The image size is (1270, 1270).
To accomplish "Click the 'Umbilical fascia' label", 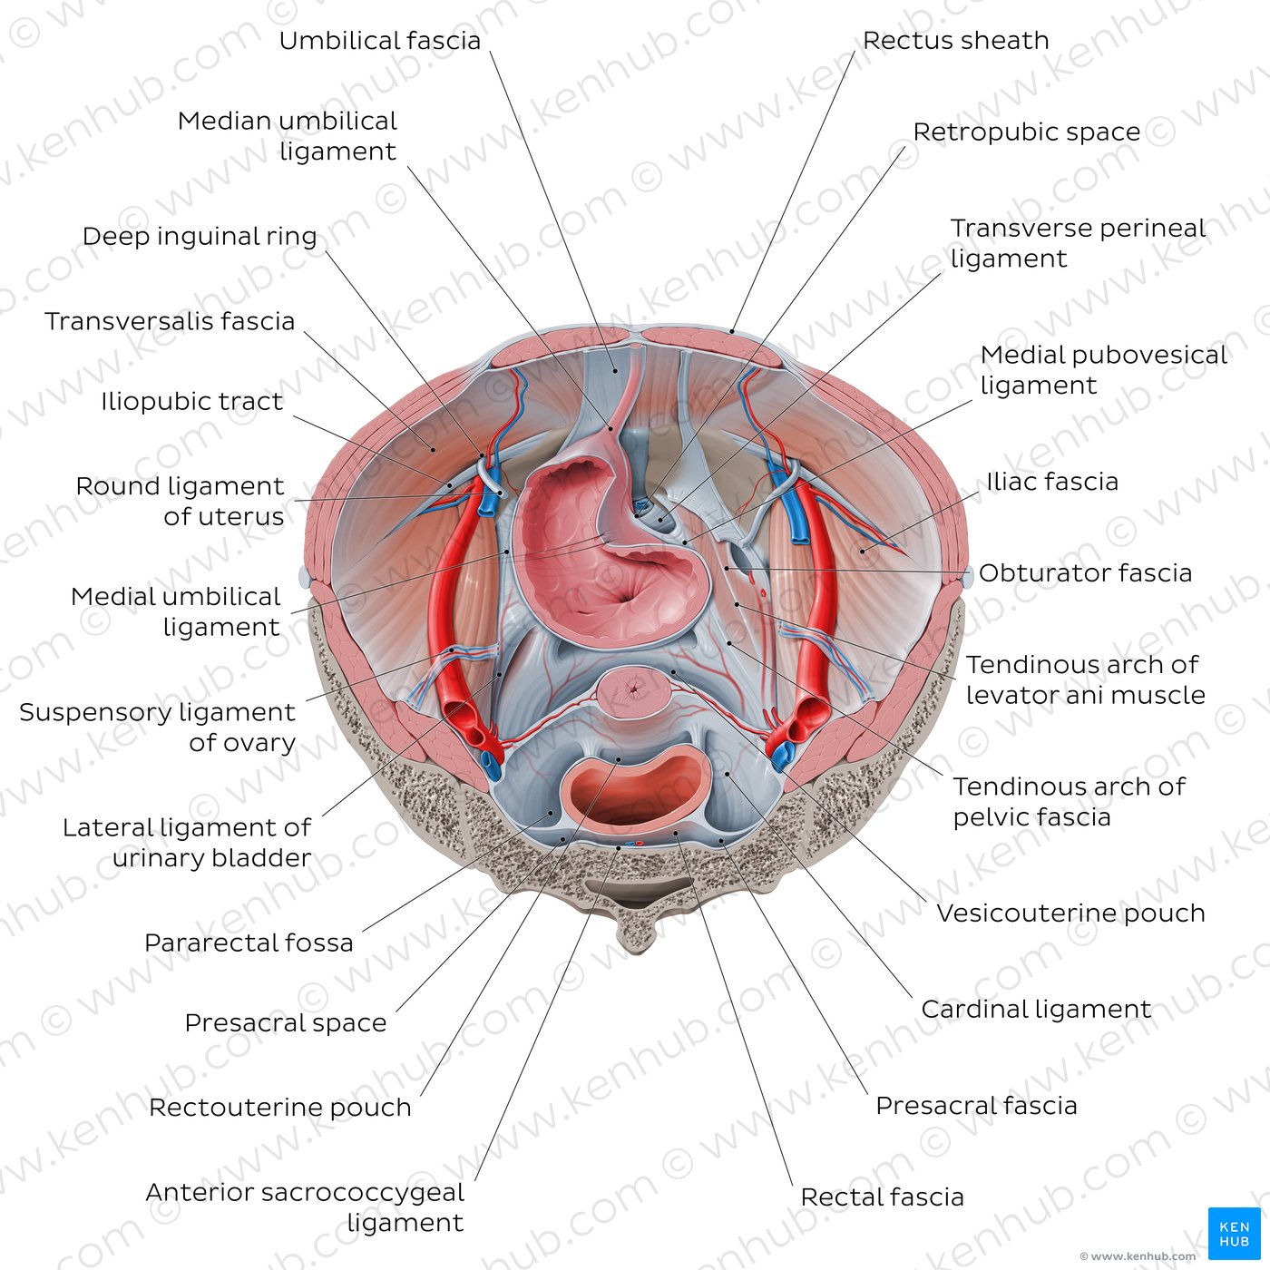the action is (379, 41).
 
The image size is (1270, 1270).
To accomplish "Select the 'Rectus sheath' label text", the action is (955, 41).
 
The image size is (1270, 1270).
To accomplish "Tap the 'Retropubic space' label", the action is (1026, 132).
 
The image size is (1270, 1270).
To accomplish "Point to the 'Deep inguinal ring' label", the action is (199, 237).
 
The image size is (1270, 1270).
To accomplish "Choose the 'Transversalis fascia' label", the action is (170, 322).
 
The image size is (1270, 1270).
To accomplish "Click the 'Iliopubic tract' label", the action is (191, 401).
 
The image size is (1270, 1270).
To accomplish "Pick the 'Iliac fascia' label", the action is (1052, 482).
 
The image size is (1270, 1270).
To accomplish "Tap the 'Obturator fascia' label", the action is (1086, 572).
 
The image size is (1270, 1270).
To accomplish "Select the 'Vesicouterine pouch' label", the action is (1071, 913).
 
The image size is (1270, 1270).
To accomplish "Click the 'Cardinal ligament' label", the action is (1036, 1009).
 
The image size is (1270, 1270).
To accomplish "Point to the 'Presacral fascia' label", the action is (976, 1105).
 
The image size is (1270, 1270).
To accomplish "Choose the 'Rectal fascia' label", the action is (882, 1197).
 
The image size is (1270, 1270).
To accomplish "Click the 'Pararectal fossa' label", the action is (249, 943).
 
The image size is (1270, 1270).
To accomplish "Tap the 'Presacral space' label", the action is (286, 1023).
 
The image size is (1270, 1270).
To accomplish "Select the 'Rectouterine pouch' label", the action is (280, 1108).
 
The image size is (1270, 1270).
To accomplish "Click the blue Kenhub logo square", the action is (1235, 1234).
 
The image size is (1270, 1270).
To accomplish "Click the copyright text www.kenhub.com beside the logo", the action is (1137, 1256).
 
